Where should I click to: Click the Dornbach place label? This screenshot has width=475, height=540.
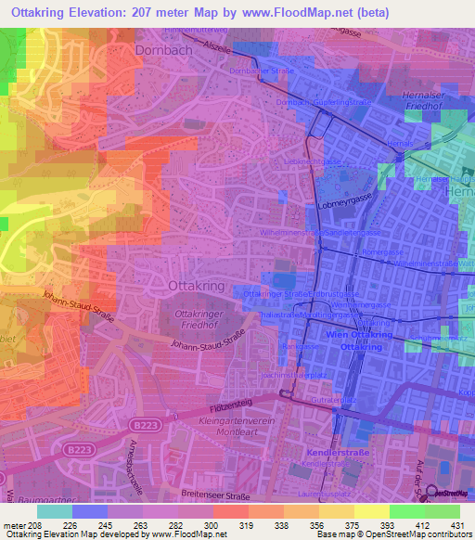click(164, 51)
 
